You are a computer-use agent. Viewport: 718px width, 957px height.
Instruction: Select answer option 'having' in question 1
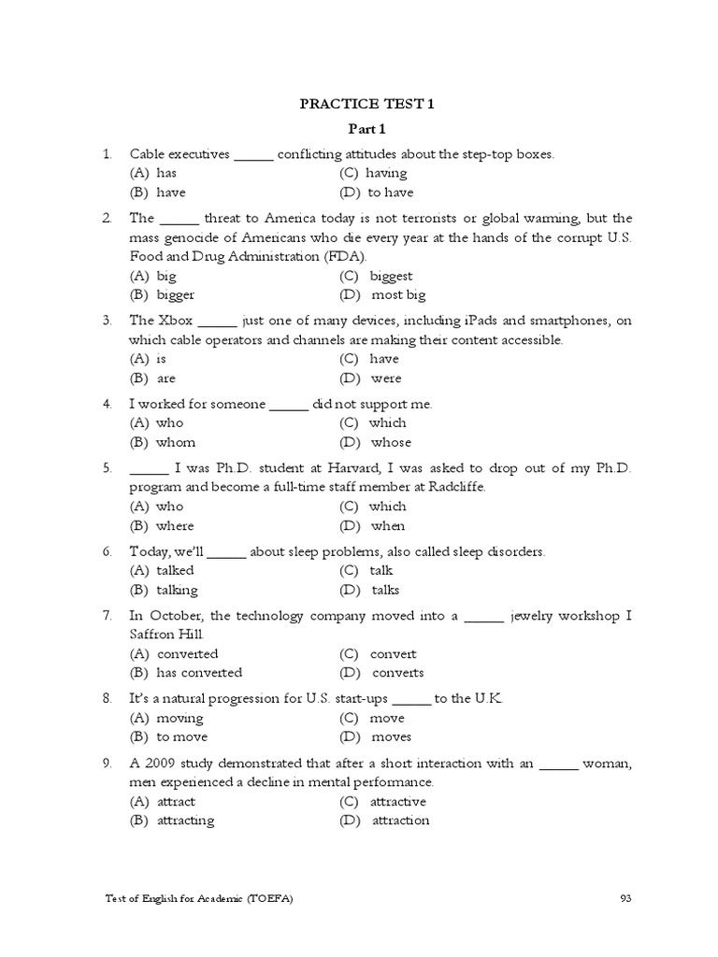click(x=386, y=173)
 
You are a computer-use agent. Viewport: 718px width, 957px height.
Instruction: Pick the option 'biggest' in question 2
click(x=391, y=276)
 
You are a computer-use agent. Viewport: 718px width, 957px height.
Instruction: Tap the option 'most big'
click(x=398, y=295)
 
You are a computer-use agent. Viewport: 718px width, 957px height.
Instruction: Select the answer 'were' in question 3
click(x=385, y=379)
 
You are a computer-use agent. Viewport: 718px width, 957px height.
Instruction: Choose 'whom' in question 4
click(x=176, y=443)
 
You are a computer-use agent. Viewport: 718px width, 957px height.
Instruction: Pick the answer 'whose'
click(x=391, y=443)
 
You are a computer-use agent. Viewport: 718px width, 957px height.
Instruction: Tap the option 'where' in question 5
click(x=175, y=526)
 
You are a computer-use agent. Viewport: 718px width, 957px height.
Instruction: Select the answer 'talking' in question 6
click(x=177, y=591)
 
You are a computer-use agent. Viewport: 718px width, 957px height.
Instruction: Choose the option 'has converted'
click(x=199, y=673)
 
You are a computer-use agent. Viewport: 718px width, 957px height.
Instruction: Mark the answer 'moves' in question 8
click(x=391, y=737)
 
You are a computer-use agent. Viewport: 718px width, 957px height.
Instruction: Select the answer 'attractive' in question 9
click(x=397, y=802)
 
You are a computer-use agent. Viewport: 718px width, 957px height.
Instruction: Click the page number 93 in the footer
click(x=626, y=899)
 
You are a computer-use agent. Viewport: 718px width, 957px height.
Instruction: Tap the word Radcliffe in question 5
click(x=455, y=488)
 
